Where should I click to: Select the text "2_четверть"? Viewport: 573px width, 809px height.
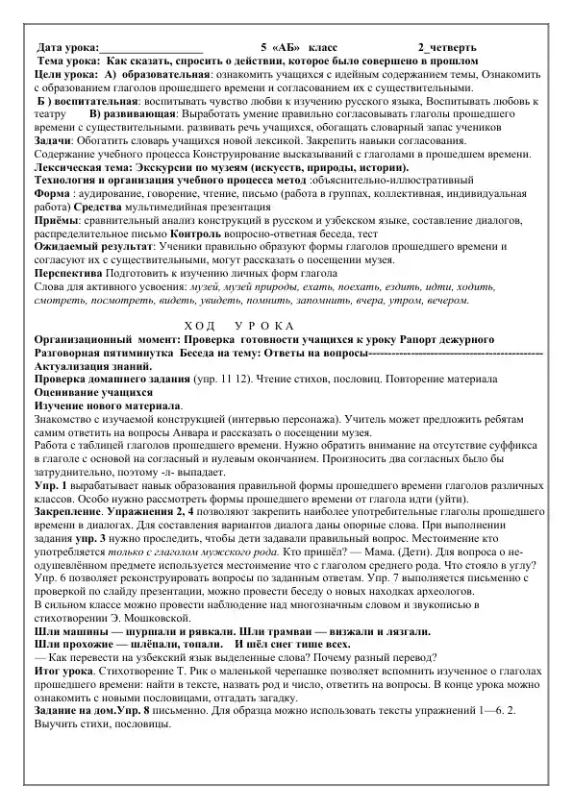point(447,47)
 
